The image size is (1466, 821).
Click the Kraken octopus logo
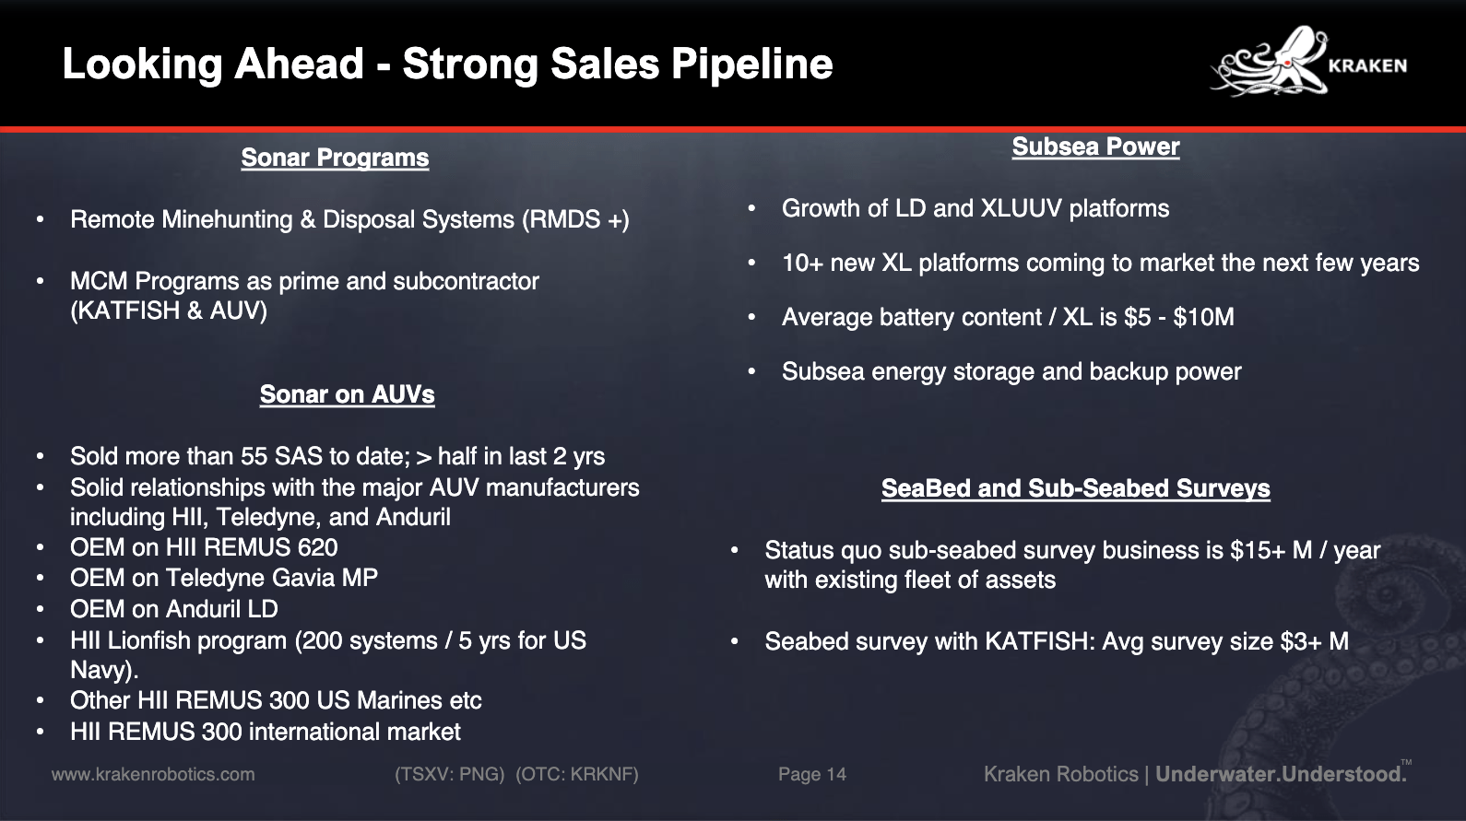pyautogui.click(x=1270, y=62)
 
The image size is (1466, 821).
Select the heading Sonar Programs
pyautogui.click(x=335, y=158)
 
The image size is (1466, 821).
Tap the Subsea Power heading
pyautogui.click(x=1095, y=147)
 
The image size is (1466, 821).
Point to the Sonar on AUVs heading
pyautogui.click(x=347, y=394)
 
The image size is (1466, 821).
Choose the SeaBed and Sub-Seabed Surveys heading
pyautogui.click(x=1075, y=488)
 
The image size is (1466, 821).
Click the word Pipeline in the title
pyautogui.click(x=751, y=65)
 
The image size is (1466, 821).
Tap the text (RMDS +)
pyautogui.click(x=575, y=220)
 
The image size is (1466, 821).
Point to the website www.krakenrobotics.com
pyautogui.click(x=153, y=775)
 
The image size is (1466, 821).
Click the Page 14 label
pyautogui.click(x=812, y=775)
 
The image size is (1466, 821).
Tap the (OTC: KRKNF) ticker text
pyautogui.click(x=576, y=775)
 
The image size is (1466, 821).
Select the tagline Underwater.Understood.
pyautogui.click(x=1281, y=775)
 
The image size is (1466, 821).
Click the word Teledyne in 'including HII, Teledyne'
pyautogui.click(x=268, y=518)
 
